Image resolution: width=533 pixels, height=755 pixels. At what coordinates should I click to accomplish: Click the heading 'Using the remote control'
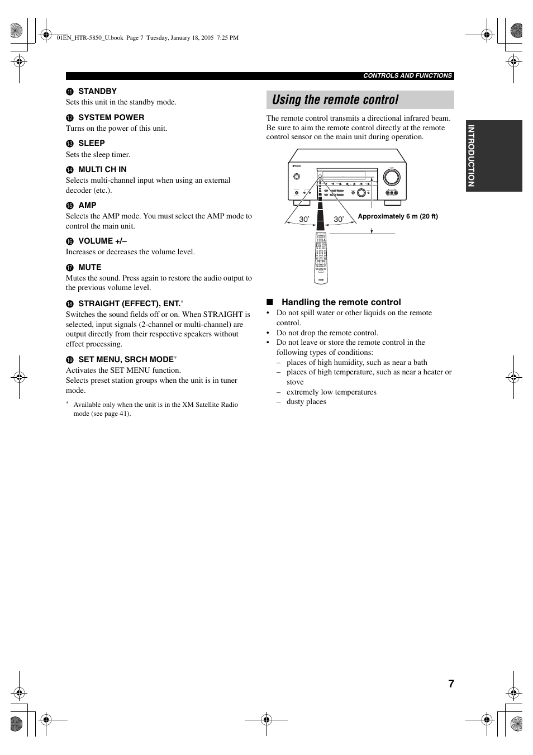tap(335, 100)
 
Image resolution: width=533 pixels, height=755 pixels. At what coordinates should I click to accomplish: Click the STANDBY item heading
tap(97, 91)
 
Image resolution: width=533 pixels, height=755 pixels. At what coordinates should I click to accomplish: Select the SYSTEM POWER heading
tap(111, 117)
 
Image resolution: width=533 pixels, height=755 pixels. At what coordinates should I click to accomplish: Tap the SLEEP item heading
tap(91, 143)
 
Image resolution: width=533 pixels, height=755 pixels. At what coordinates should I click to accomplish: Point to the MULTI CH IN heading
tap(102, 169)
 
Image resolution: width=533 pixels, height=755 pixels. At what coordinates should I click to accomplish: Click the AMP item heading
tap(87, 205)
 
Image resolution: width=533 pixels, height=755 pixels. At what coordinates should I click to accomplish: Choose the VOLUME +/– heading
tap(102, 241)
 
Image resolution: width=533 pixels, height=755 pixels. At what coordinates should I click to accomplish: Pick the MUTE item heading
tap(89, 267)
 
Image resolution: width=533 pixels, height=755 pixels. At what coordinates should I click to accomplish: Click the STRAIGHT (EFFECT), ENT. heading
tap(129, 303)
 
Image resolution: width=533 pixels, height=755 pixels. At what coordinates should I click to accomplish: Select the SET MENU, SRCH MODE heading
tap(126, 359)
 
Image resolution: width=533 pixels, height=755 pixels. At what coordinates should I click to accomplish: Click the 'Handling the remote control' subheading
tap(341, 302)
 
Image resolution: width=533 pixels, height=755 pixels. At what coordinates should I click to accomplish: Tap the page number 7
tap(451, 684)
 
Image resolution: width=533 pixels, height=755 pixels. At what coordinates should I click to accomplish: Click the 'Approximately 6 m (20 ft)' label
tap(398, 216)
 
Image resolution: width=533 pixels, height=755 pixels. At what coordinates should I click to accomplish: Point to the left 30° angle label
tap(303, 220)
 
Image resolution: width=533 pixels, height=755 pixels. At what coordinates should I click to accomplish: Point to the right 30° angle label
tap(339, 220)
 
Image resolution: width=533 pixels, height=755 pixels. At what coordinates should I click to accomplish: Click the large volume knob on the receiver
tap(392, 177)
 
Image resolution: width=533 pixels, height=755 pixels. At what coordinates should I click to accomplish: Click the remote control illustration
tap(321, 257)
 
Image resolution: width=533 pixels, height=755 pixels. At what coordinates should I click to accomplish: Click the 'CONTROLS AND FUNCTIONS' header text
tap(407, 75)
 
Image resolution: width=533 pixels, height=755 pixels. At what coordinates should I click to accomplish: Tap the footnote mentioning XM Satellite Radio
tap(155, 409)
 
